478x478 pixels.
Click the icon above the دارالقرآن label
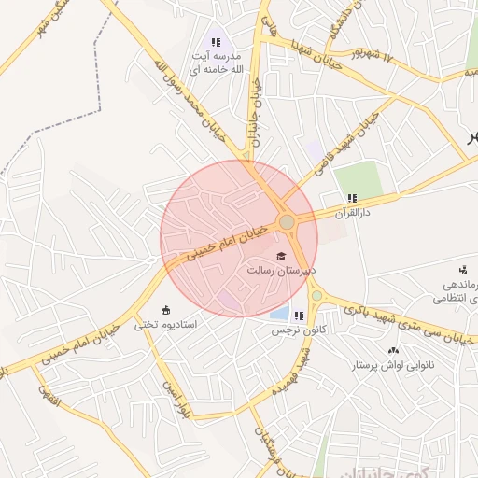coord(352,198)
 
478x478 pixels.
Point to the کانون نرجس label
coord(291,330)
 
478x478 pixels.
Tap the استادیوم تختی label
coord(165,325)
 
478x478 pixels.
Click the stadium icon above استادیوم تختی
coord(166,310)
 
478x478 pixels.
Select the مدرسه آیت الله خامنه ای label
coord(216,63)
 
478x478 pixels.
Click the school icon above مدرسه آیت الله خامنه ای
coord(217,42)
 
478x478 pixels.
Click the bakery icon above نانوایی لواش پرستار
coord(393,350)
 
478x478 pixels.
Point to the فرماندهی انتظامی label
coord(456,291)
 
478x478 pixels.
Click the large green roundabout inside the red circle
coord(288,222)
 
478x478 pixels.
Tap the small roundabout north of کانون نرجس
coord(317,296)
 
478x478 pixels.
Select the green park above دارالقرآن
coord(358,178)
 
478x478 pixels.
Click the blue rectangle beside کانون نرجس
coord(277,313)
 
